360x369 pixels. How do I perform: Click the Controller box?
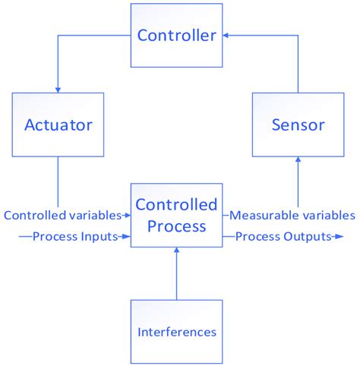click(x=176, y=36)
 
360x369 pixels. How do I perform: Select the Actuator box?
click(x=58, y=124)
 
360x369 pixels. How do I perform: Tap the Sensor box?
click(x=297, y=124)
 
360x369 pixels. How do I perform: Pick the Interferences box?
click(x=176, y=331)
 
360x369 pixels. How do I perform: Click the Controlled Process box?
click(x=176, y=215)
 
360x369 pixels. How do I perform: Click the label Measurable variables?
click(x=292, y=215)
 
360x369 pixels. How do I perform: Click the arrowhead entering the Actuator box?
click(x=58, y=89)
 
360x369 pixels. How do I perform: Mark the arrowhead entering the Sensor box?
click(x=297, y=159)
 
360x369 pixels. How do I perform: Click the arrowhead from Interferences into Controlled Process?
click(x=176, y=251)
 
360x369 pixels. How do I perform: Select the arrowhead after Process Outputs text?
click(x=336, y=236)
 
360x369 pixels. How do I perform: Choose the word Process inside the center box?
click(x=176, y=225)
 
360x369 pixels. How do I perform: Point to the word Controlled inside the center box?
click(x=176, y=205)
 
